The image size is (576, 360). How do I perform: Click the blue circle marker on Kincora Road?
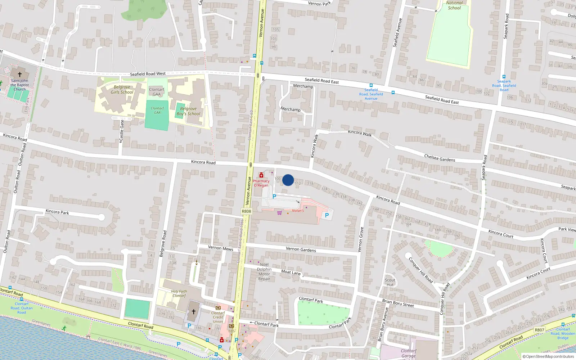[288, 180]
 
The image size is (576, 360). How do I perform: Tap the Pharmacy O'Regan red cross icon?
[261, 175]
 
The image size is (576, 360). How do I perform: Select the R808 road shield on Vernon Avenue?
[246, 211]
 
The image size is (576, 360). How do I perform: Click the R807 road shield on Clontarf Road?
[539, 330]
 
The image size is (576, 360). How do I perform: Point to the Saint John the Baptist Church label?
[19, 85]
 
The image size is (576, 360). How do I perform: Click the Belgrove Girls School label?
[122, 90]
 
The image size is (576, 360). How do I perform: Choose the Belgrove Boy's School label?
[188, 111]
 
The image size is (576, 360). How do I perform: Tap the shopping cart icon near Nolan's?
[280, 213]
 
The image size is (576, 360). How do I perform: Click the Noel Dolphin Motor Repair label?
[264, 272]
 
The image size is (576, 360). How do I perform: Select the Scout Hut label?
[390, 282]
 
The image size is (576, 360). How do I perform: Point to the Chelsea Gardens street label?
[440, 158]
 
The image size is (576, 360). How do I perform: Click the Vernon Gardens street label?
[301, 249]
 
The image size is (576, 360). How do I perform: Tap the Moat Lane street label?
[291, 272]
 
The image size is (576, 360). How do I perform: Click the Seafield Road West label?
[148, 74]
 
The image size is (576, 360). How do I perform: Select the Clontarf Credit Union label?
[218, 317]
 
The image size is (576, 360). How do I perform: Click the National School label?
[454, 5]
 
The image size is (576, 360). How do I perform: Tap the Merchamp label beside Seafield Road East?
[303, 86]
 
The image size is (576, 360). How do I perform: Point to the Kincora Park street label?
[57, 212]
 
